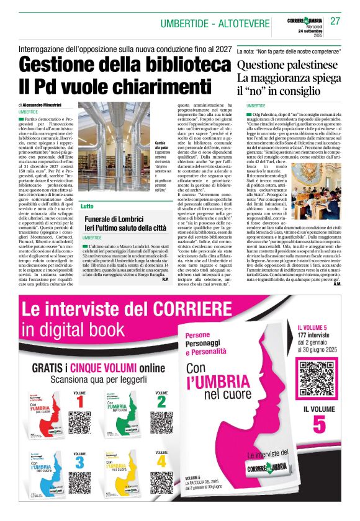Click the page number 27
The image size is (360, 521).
[336, 21]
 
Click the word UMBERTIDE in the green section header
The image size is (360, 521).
[183, 24]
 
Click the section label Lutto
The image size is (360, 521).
[88, 205]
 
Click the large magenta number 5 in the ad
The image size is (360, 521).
[319, 424]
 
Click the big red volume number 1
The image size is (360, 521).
[79, 404]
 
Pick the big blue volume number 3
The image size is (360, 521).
[79, 463]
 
